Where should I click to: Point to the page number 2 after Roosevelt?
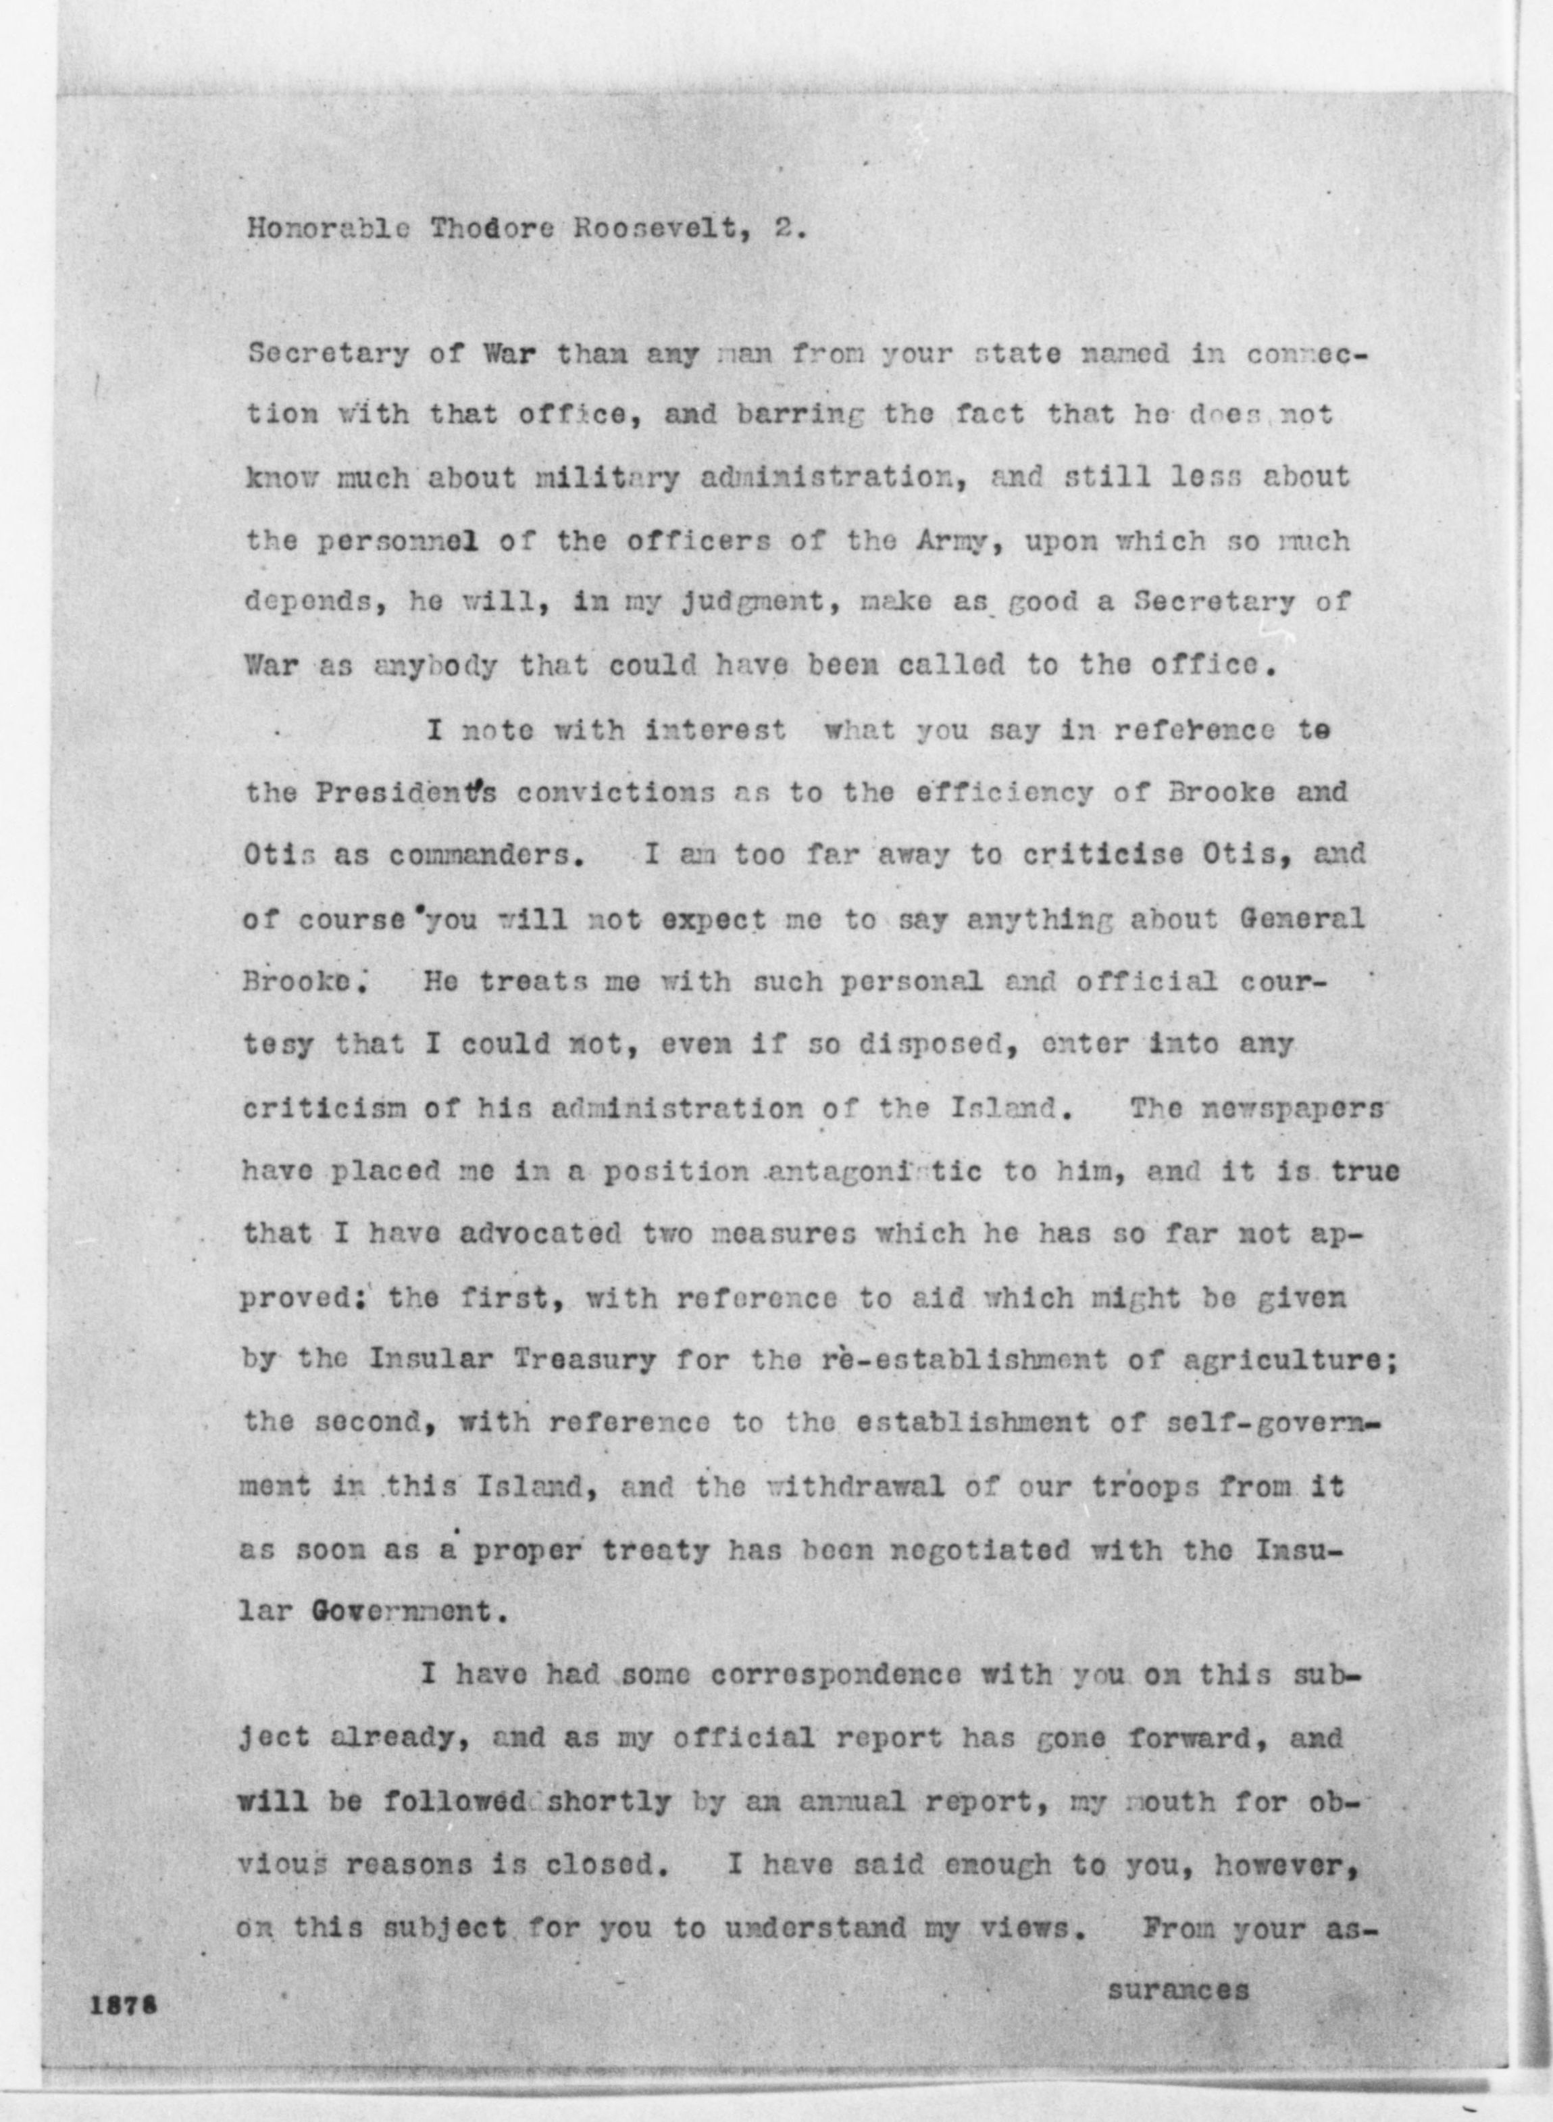click(x=786, y=231)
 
